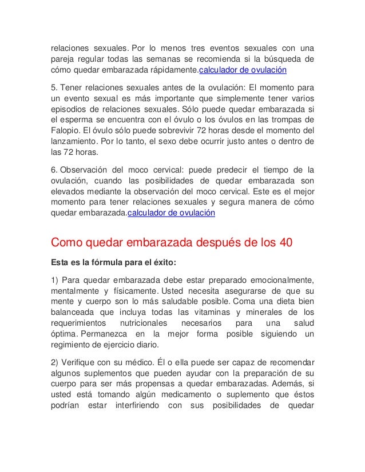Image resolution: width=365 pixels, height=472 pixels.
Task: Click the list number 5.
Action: pos(54,87)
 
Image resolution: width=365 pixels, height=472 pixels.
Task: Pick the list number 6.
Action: pos(54,170)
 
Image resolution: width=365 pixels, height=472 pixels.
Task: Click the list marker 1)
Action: pos(55,279)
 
